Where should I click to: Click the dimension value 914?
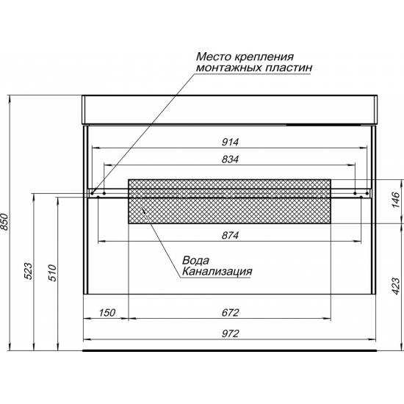coord(230,142)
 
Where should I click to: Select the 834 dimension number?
coord(230,159)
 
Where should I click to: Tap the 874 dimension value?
coord(230,235)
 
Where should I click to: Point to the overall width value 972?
coord(230,333)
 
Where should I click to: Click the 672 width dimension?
coord(230,312)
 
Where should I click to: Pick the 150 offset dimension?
coord(107,312)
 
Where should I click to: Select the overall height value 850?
coord(5,221)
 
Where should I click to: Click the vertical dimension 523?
coord(28,271)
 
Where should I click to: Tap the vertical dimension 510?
coord(52,273)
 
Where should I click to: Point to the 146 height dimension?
coord(395,200)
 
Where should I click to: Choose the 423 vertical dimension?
coord(395,286)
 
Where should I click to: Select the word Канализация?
coord(217,271)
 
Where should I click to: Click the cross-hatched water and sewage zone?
coord(230,201)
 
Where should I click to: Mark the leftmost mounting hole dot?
coord(92,193)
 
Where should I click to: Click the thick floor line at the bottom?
coord(230,350)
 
